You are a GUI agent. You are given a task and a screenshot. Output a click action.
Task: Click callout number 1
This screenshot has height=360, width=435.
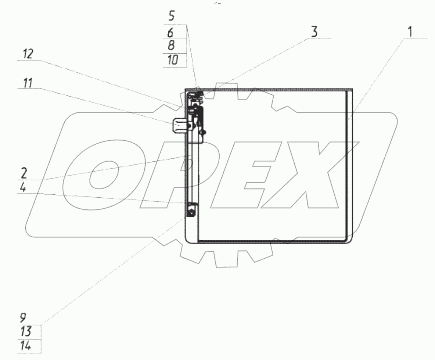(410, 32)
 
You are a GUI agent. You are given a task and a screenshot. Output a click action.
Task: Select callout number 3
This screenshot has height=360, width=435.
(314, 32)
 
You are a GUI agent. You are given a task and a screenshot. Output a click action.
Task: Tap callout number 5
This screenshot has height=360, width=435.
(172, 16)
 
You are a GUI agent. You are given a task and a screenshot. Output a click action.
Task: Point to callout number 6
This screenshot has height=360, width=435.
(170, 33)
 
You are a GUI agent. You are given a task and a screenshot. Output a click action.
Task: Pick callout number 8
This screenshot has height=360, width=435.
(171, 46)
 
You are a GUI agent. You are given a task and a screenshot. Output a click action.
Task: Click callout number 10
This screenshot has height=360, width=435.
(173, 60)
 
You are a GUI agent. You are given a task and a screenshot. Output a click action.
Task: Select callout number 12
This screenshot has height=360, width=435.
(28, 54)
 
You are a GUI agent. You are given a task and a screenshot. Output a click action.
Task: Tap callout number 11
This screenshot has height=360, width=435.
(28, 83)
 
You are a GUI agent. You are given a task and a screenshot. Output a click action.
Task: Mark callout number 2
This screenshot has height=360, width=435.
(24, 173)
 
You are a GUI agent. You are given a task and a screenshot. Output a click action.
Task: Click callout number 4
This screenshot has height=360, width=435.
(23, 187)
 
